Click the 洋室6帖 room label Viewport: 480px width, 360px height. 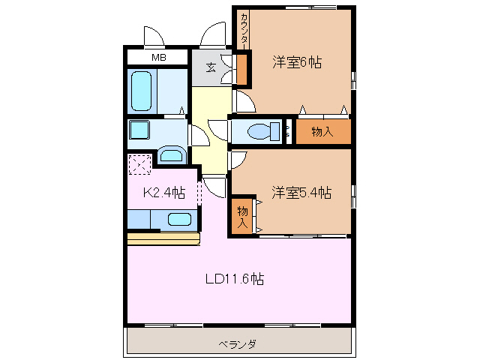click(x=297, y=63)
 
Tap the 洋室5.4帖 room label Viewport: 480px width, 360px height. click(x=301, y=193)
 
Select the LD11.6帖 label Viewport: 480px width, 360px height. click(x=235, y=279)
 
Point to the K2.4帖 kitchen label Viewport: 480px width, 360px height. click(x=164, y=193)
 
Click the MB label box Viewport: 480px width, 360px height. click(x=158, y=57)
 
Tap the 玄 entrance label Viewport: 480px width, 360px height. click(x=211, y=67)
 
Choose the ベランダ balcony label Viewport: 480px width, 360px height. click(x=238, y=344)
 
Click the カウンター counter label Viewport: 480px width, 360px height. click(x=244, y=30)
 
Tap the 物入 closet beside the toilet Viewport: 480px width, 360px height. click(x=322, y=132)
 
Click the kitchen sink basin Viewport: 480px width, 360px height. click(x=179, y=220)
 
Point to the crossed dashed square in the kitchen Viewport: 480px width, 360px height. click(x=140, y=164)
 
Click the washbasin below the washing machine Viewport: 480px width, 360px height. click(x=172, y=156)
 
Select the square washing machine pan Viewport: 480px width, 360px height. click(x=140, y=130)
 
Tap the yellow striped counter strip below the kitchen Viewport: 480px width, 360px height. click(x=163, y=238)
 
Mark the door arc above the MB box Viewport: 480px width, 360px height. click(x=154, y=36)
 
